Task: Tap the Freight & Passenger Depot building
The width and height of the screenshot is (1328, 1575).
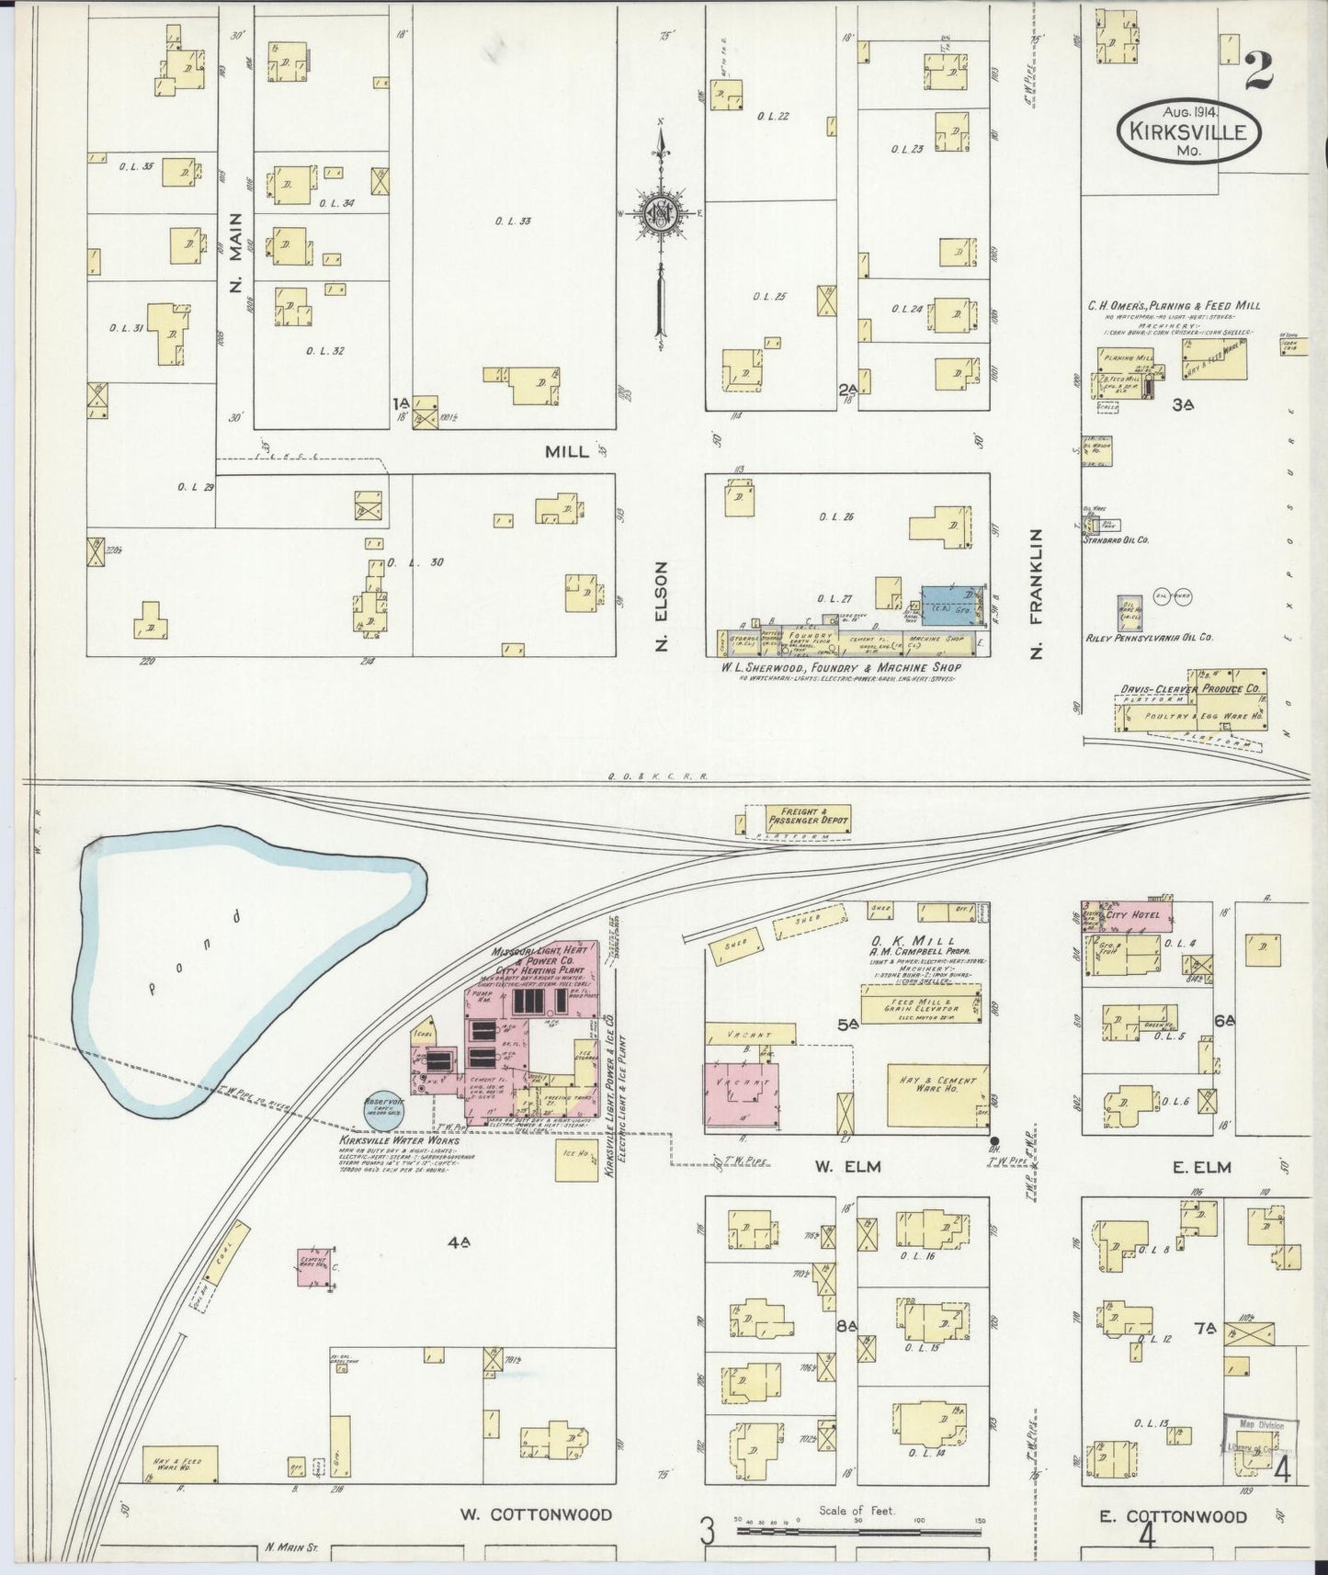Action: [796, 818]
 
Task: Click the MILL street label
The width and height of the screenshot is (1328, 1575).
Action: [567, 452]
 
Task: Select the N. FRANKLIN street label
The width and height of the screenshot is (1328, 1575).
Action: [1037, 595]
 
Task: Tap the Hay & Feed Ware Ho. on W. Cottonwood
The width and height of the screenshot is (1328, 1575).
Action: [179, 1467]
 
